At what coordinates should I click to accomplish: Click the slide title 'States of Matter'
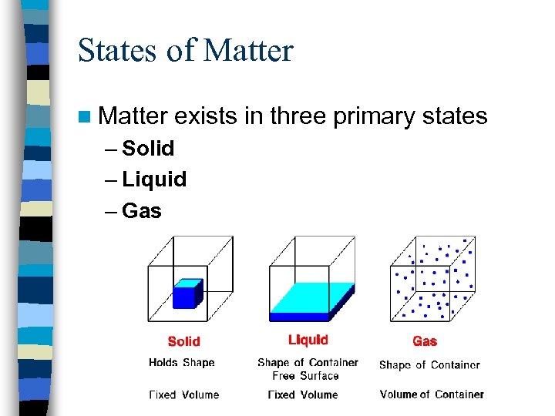(x=185, y=51)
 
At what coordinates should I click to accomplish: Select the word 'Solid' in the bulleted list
(x=148, y=148)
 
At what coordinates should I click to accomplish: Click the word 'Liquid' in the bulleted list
(x=154, y=179)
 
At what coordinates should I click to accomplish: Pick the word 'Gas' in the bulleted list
(x=141, y=210)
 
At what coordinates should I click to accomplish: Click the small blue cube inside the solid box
(x=187, y=294)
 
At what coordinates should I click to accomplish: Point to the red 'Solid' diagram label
(x=183, y=341)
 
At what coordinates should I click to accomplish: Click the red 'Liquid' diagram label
(x=308, y=340)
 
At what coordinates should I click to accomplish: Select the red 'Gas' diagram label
(x=425, y=341)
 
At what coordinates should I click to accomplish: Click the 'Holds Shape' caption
(x=182, y=362)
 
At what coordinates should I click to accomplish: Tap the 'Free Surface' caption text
(x=305, y=376)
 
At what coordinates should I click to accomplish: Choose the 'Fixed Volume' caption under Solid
(x=183, y=394)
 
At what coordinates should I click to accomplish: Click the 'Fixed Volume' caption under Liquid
(x=303, y=394)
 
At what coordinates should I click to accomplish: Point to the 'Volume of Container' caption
(x=432, y=394)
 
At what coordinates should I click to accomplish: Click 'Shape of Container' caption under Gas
(x=429, y=365)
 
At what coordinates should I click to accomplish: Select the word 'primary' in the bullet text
(x=378, y=116)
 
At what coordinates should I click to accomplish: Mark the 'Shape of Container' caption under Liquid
(x=308, y=362)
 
